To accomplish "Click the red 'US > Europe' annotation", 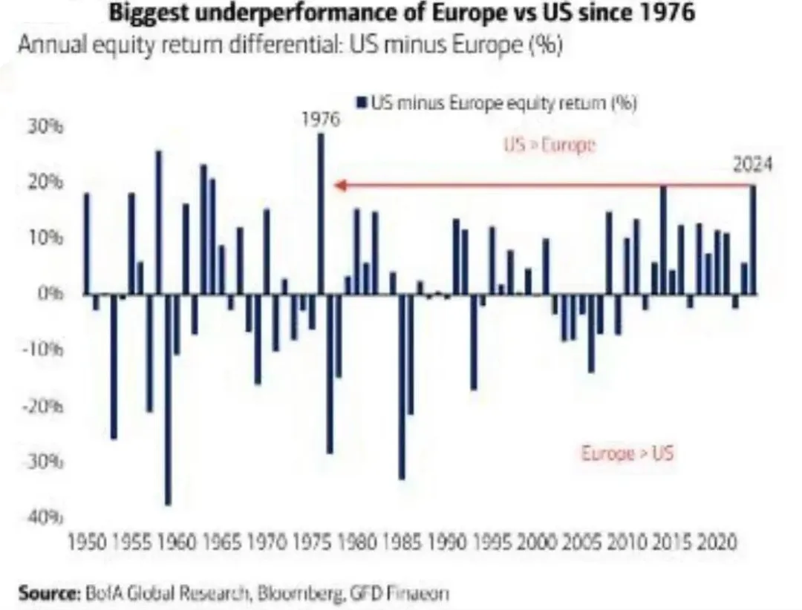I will (x=550, y=145).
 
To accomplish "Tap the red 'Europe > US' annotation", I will (x=627, y=453).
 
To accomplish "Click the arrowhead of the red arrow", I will (x=338, y=186).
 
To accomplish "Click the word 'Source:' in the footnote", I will (x=48, y=594).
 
